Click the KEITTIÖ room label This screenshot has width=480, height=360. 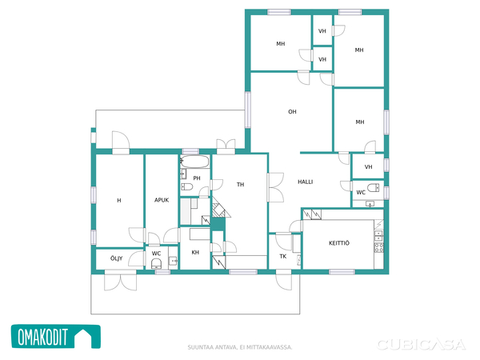coord(339,243)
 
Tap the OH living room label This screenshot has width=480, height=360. coord(292,112)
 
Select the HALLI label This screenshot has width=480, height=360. coord(306,182)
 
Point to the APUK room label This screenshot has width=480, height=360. coord(162,200)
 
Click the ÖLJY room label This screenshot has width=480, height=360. coord(116,258)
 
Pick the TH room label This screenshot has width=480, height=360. coord(240,185)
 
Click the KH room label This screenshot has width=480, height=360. coord(195,252)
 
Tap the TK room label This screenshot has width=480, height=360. coord(283,256)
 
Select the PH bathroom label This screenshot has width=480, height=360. coord(197,178)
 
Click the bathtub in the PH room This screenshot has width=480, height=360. coord(194,162)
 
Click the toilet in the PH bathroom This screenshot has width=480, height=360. coord(186,186)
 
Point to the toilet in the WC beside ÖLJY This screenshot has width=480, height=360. coord(157,263)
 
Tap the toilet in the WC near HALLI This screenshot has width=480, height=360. coord(373,187)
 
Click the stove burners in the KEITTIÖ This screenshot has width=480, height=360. coord(378,248)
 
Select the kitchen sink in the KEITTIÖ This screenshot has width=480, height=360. coord(378,236)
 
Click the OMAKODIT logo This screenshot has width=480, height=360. coord(56,337)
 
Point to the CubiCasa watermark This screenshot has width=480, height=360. coord(422,345)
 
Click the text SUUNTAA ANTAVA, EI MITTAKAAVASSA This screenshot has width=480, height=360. coord(240,347)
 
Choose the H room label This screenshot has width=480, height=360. coord(119,201)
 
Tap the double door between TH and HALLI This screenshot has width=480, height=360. coord(275,187)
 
